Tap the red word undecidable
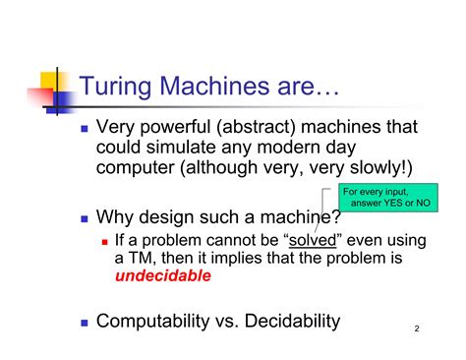(x=162, y=276)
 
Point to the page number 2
(x=416, y=330)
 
